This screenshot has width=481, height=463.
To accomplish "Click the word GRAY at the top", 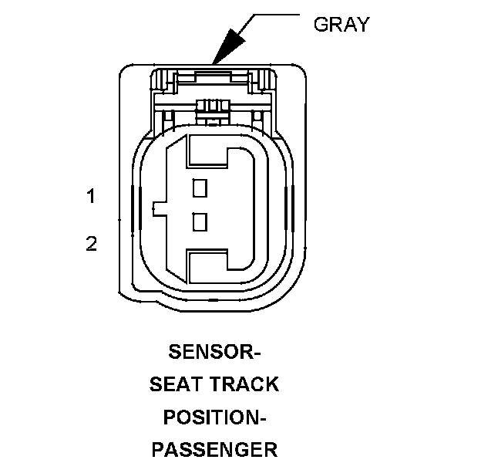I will pyautogui.click(x=341, y=24).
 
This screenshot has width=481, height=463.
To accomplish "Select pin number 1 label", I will pyautogui.click(x=91, y=197).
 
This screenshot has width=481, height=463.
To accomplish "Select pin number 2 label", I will pyautogui.click(x=91, y=245).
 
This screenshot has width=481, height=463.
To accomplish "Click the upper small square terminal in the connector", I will pyautogui.click(x=200, y=187).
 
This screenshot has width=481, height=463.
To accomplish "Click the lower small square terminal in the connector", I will pyautogui.click(x=200, y=222).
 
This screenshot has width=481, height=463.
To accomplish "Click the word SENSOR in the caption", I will pyautogui.click(x=210, y=353).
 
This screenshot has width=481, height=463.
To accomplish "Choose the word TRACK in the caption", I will pyautogui.click(x=244, y=384).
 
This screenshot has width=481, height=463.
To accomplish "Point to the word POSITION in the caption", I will pyautogui.click(x=210, y=417).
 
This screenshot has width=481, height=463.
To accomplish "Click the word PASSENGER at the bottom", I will pyautogui.click(x=214, y=448).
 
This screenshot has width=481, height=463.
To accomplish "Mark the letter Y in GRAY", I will pyautogui.click(x=362, y=24).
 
